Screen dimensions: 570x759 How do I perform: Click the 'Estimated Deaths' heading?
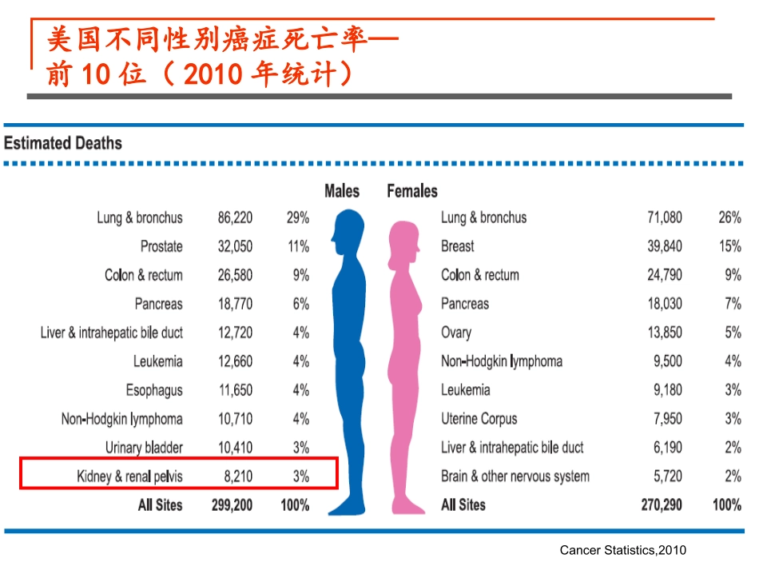tap(63, 144)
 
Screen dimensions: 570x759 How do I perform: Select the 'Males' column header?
tap(341, 192)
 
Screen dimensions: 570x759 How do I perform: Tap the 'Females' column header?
tap(412, 192)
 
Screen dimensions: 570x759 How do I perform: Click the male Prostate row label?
tap(161, 246)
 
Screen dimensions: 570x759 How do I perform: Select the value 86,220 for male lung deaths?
tap(235, 217)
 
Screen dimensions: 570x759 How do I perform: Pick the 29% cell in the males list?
tap(298, 217)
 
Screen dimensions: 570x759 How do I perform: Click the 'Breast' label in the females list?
tap(457, 246)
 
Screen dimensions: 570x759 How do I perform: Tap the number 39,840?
tap(665, 246)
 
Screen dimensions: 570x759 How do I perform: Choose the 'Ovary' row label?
tap(456, 333)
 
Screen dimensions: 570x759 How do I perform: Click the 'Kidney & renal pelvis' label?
tap(129, 476)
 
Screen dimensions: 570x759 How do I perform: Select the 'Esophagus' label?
tap(154, 390)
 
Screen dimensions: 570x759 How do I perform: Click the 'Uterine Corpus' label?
tap(479, 419)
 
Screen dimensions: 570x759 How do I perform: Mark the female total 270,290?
tap(662, 505)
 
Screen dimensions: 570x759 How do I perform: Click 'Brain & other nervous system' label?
tap(515, 476)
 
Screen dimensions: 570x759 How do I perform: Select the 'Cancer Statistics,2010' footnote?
tap(623, 550)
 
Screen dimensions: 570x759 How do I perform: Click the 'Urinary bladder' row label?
tap(144, 448)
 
